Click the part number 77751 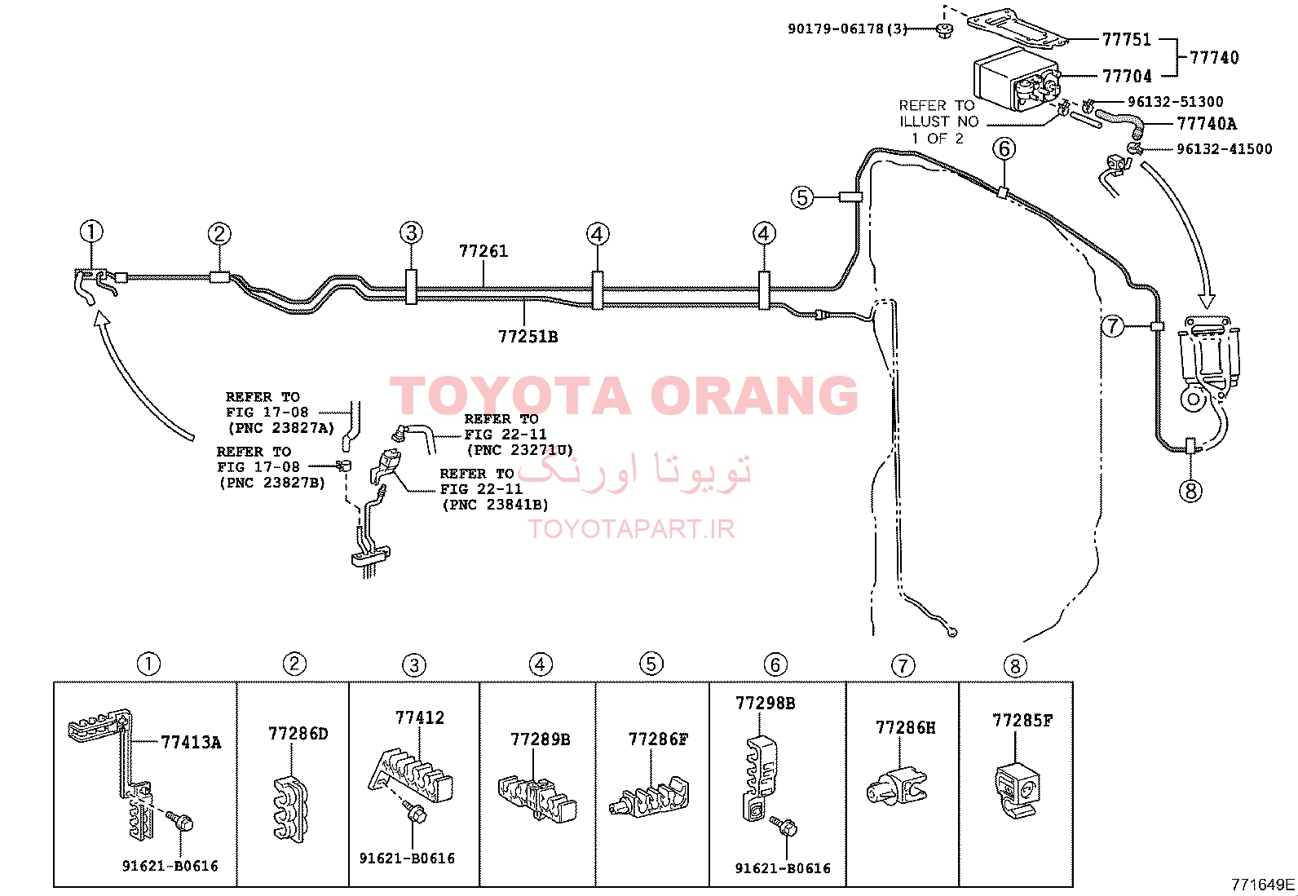coord(1126,39)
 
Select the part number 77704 coord(1127,76)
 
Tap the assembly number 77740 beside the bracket coord(1214,57)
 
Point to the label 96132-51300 coord(1175,102)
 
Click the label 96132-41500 coord(1224,149)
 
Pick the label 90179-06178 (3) coord(847,29)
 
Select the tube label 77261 coord(483,251)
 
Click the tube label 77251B coord(528,336)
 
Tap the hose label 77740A coord(1207,123)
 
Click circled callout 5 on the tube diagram coord(802,197)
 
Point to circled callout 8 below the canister coord(1191,492)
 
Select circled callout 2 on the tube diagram coord(219,234)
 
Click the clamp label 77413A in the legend coord(191,743)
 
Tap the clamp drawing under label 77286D coord(290,809)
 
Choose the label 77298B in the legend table coord(766,703)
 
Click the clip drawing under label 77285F coord(1017,790)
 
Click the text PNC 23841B coord(495,505)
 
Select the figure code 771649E coord(1262,885)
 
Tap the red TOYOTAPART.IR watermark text coord(630,529)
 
